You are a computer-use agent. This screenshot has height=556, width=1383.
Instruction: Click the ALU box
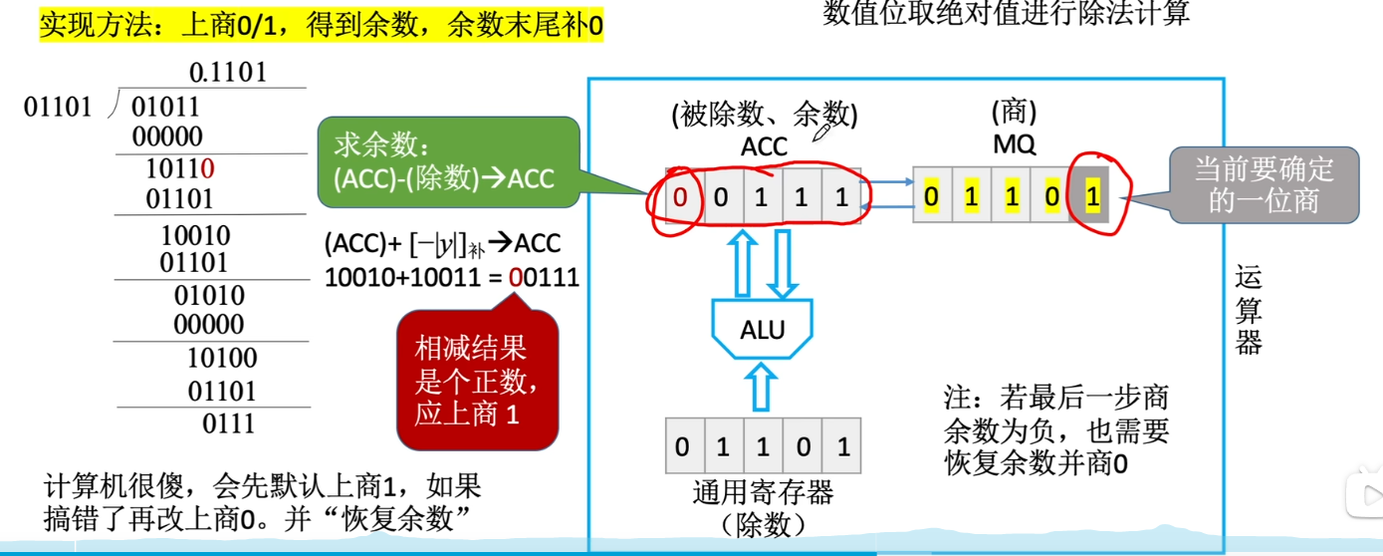point(762,330)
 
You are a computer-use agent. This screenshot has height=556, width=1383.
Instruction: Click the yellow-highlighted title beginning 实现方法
point(321,24)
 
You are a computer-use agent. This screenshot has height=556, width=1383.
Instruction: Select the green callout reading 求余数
point(448,163)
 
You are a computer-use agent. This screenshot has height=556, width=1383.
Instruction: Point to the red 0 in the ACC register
point(680,196)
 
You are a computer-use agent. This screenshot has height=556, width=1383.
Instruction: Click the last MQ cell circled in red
point(1092,196)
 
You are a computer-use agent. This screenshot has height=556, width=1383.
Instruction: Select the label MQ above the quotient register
point(1014,145)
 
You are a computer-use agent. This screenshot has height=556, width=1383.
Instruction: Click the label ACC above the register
point(764,147)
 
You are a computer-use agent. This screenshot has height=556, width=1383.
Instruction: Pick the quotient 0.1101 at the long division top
point(228,73)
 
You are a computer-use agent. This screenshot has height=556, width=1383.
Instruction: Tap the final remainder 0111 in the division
point(229,423)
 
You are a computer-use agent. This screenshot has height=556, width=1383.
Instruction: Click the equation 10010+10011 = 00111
point(451,278)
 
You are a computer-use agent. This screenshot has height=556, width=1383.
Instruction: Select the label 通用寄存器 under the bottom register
point(763,491)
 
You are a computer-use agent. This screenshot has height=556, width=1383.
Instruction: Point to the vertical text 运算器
point(1249,310)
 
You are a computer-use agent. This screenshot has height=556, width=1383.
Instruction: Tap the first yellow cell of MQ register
point(931,196)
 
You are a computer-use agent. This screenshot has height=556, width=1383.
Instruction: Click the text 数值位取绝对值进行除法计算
point(1007,14)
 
